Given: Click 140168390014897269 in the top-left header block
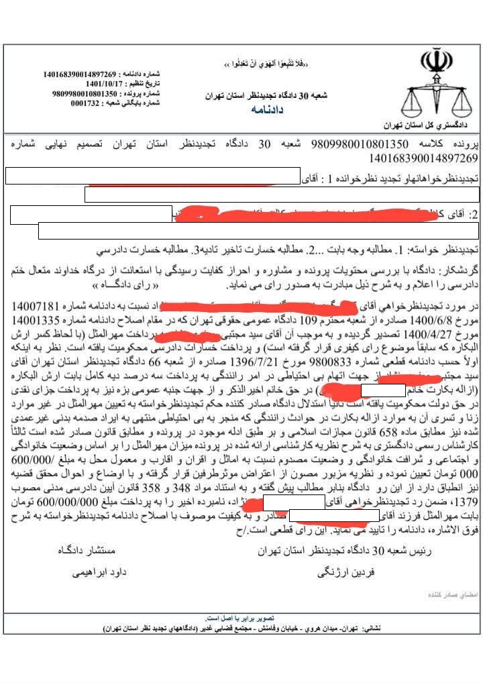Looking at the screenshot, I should pyautogui.click(x=80, y=74).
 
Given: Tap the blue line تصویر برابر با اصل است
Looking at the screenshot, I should pyautogui.click(x=239, y=618).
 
